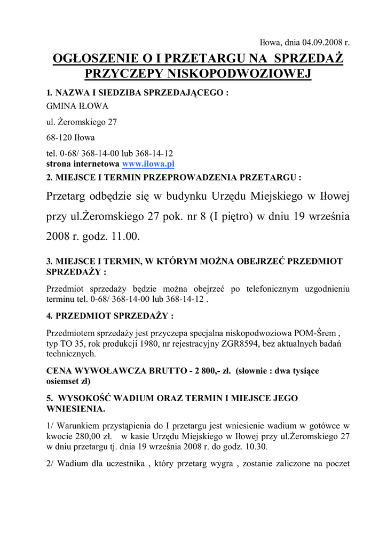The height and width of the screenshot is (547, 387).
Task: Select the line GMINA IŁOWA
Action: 77,106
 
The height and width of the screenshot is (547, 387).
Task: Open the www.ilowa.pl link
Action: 148,163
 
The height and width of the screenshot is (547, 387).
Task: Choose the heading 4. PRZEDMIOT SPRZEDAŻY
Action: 110,315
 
